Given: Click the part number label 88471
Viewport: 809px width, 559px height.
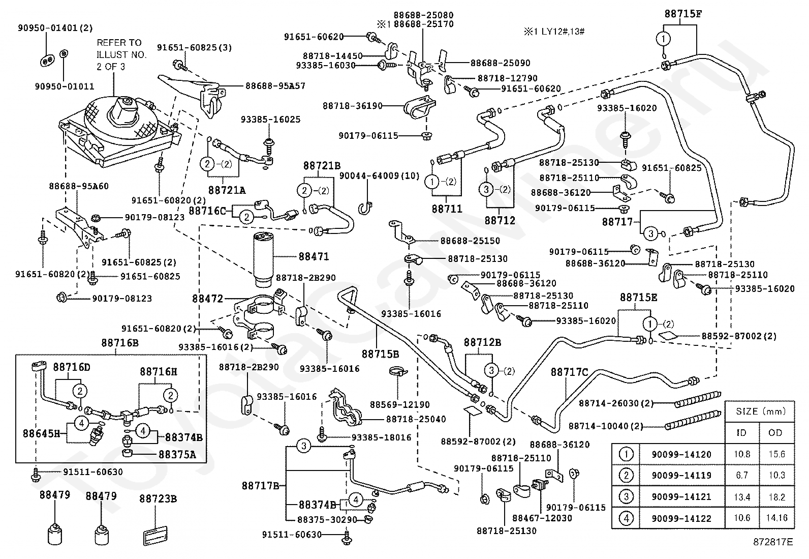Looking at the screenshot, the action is [x=314, y=257].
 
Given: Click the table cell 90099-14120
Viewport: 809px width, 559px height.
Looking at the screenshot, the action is [x=681, y=455].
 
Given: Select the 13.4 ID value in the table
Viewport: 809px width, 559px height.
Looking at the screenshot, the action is [x=742, y=497].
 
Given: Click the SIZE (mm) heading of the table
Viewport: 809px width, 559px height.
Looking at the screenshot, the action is [x=761, y=411].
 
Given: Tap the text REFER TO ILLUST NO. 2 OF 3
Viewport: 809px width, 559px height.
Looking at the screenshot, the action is [x=121, y=54].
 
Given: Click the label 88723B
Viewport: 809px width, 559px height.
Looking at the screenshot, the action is [x=158, y=499].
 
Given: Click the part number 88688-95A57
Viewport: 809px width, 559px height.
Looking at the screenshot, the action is [x=275, y=86].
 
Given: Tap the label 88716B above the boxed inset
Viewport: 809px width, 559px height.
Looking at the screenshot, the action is [x=119, y=343].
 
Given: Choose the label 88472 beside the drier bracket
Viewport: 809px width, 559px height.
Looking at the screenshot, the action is [x=207, y=299].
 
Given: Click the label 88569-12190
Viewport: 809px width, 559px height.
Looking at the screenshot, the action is [x=399, y=404].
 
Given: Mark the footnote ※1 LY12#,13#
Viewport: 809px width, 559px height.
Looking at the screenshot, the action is [x=554, y=32].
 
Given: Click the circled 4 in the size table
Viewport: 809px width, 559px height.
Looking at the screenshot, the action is [x=626, y=518].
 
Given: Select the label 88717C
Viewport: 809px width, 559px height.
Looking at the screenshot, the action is [x=569, y=372].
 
